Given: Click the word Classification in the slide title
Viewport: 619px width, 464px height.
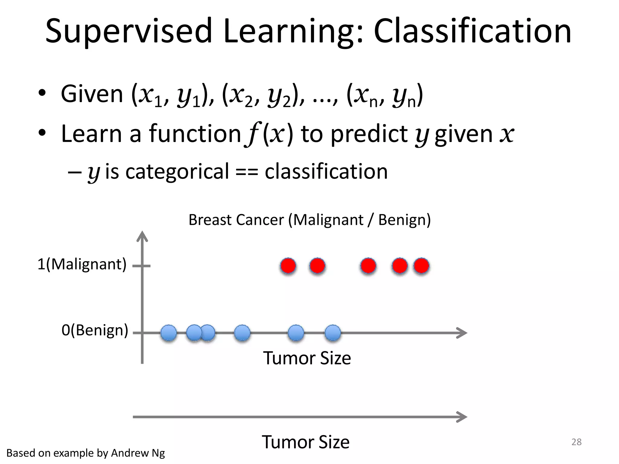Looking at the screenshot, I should (472, 31).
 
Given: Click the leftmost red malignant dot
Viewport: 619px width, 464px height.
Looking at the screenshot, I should (288, 266).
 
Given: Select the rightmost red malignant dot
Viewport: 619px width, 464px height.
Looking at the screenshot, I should (421, 266).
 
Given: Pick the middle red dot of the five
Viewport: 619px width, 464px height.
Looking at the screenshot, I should (368, 266).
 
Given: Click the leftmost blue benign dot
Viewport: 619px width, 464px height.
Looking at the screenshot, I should (169, 333).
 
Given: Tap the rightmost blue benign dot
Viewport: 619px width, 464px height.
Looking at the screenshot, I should (333, 333).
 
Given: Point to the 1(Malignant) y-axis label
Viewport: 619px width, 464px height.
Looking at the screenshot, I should (82, 264).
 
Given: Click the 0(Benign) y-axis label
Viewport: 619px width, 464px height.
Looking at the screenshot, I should (95, 330).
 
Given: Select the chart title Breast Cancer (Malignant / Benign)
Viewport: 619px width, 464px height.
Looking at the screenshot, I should (309, 220).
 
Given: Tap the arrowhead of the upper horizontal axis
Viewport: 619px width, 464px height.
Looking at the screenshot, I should (462, 333).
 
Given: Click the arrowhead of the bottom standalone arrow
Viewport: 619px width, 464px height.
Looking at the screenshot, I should (462, 417).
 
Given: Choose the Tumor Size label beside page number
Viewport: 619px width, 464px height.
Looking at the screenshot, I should (305, 442).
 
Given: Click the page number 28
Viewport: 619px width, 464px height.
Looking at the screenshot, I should (576, 442).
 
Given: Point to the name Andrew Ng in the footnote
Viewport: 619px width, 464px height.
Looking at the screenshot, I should (138, 453).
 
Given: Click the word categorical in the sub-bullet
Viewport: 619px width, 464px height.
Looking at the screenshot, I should (177, 171).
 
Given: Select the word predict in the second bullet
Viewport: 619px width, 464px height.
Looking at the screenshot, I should (369, 134).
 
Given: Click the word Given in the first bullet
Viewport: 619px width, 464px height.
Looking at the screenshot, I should (92, 94).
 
